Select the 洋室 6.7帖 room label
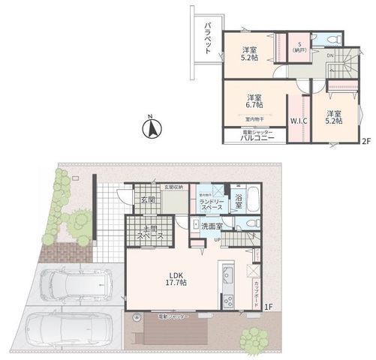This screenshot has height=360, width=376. pyautogui.click(x=254, y=102)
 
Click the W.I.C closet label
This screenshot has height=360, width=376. pyautogui.click(x=297, y=120)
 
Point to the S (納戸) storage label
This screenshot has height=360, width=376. pyautogui.click(x=298, y=46)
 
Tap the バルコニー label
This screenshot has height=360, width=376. pyautogui.click(x=256, y=138)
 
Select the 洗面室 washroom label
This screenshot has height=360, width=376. pyautogui.click(x=208, y=226)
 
